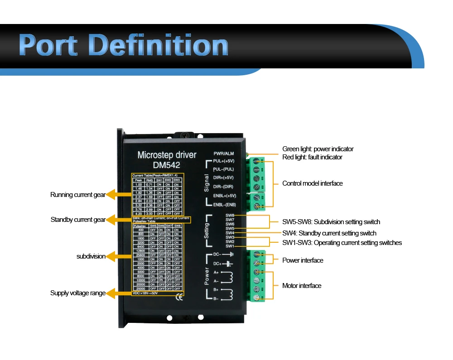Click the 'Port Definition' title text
[123, 46]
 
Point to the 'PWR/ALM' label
[224, 154]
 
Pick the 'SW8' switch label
[230, 215]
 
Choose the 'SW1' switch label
[230, 246]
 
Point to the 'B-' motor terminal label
[216, 298]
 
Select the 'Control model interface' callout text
[312, 183]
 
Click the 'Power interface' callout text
[303, 260]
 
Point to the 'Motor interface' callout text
[302, 286]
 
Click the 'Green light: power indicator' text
[318, 149]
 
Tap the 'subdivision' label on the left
[91, 256]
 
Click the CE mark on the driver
[179, 298]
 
